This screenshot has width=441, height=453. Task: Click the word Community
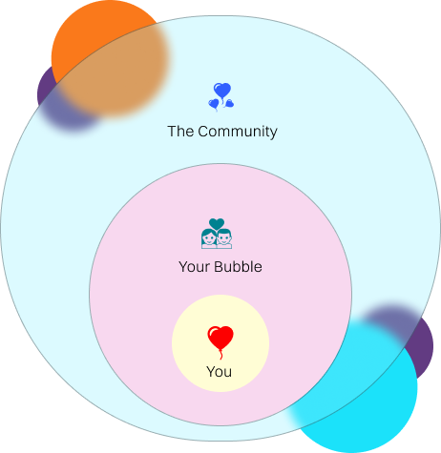pos(238,132)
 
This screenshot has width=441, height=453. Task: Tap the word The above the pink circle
pos(180,132)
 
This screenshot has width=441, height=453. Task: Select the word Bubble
pos(238,266)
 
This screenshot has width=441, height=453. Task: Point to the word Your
pos(195,267)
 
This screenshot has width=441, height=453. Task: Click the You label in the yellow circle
pos(219,371)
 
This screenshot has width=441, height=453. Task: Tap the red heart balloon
pos(220,338)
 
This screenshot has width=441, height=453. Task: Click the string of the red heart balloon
pos(220,355)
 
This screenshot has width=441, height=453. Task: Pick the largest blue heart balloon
pos(222,91)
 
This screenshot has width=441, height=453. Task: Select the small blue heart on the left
pos(214,104)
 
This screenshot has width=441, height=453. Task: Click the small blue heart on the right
pos(229,103)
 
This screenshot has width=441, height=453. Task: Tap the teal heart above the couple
pos(217,224)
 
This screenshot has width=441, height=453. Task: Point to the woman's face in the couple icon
pos(209,238)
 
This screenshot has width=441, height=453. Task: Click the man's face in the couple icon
pos(224,238)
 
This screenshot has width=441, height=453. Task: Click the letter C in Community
pos(203,132)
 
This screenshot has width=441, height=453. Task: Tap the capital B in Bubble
pos(219,267)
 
